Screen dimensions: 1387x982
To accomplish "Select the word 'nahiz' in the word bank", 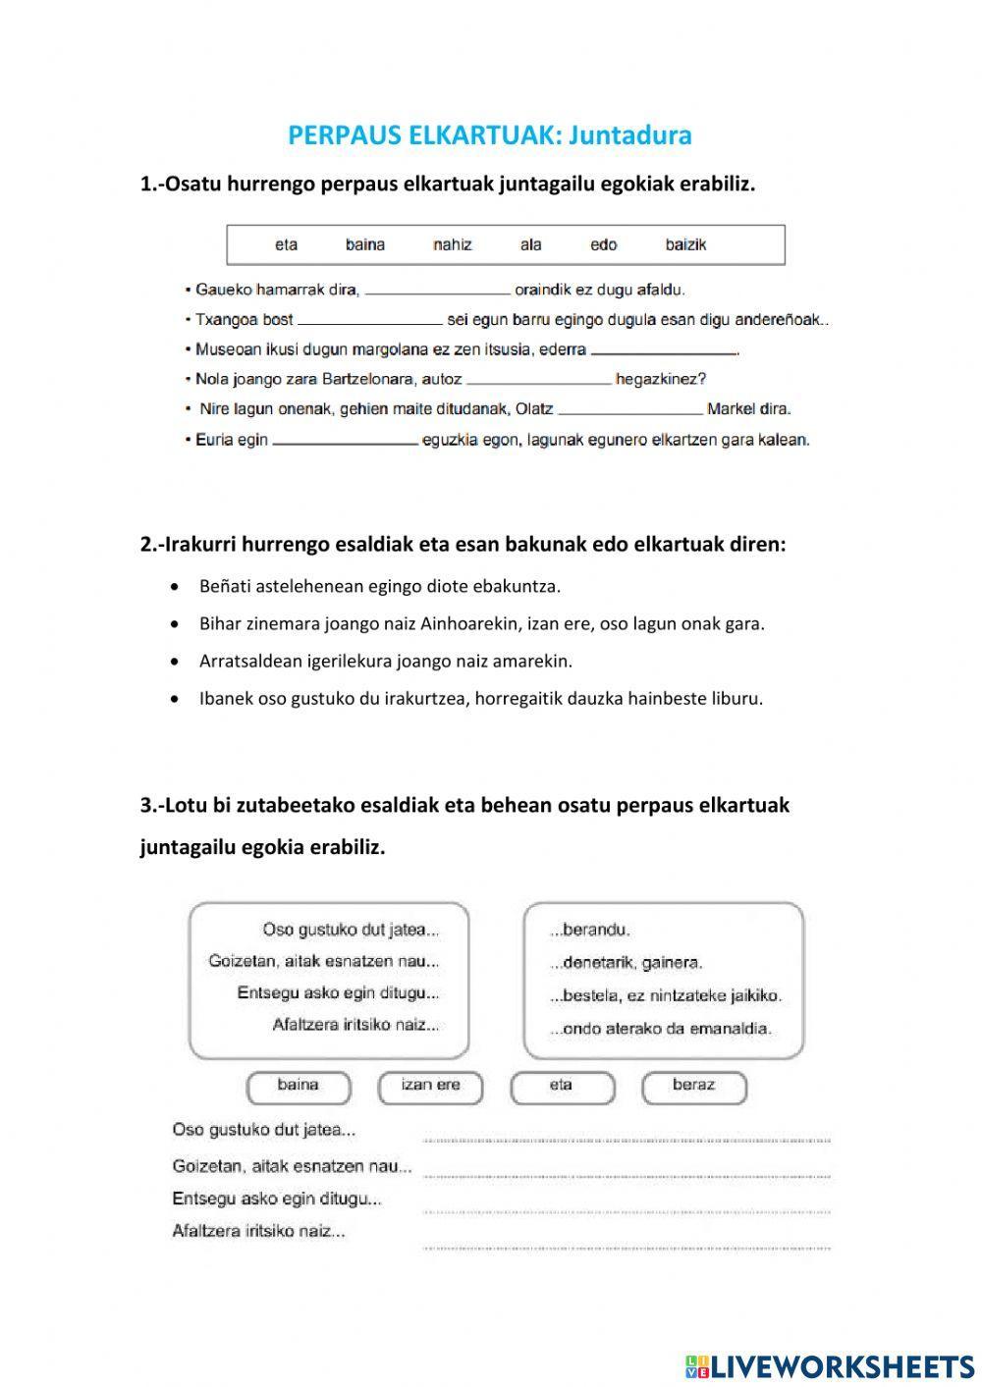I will pyautogui.click(x=453, y=244).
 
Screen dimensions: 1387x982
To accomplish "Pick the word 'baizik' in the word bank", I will pyautogui.click(x=685, y=244).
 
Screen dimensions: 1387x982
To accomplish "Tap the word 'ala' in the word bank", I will pyautogui.click(x=531, y=244).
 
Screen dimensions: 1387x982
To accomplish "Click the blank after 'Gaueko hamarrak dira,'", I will pyautogui.click(x=438, y=291).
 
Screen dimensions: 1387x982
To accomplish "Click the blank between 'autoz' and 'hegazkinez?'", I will pyautogui.click(x=539, y=380).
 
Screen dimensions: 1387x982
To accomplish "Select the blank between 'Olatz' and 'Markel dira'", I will pyautogui.click(x=630, y=410).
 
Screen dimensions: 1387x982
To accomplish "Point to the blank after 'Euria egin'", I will pyautogui.click(x=346, y=441).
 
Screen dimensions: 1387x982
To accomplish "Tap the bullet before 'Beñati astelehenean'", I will pyautogui.click(x=175, y=587).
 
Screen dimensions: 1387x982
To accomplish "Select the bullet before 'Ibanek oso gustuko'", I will pyautogui.click(x=175, y=700).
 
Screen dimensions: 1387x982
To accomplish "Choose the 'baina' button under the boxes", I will pyautogui.click(x=299, y=1086).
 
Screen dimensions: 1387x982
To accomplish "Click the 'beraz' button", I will pyautogui.click(x=693, y=1086).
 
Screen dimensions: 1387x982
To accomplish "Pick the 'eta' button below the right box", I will pyautogui.click(x=561, y=1086).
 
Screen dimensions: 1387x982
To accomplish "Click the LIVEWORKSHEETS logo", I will pyautogui.click(x=830, y=1365).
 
